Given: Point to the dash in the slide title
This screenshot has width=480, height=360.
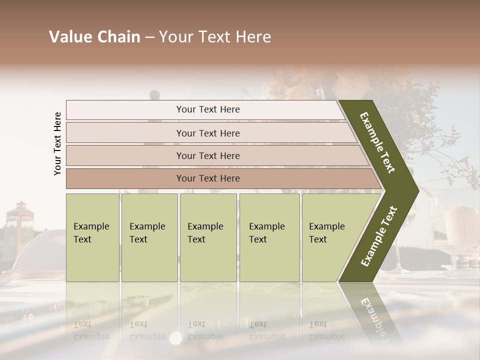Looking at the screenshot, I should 149,37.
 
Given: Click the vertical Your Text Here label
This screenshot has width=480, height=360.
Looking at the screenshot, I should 57,143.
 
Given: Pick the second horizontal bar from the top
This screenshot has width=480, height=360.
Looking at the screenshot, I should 207,133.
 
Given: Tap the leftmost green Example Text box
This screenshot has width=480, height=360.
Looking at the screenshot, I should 92,237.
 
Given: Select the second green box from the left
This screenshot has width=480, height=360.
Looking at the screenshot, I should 149,237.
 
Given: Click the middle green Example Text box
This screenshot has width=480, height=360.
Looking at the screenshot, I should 208,237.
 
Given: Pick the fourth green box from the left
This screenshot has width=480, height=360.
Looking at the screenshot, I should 269,237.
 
